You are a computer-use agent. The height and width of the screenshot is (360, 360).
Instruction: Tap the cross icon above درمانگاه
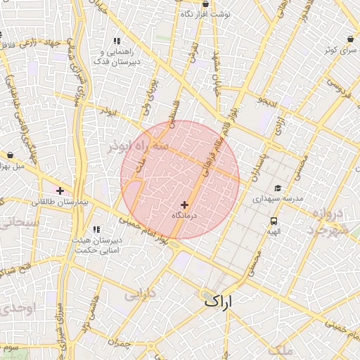pos(185,205)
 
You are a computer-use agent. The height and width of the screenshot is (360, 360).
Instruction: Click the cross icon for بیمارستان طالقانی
pos(60,191)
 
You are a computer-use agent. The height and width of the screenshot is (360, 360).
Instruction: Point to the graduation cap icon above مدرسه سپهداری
pos(278,188)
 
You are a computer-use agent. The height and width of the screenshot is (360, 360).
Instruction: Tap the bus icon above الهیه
pos(272,221)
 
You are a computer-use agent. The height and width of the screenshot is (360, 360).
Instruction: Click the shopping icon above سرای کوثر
pos(349,39)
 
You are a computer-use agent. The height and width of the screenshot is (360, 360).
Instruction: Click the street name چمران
pos(120,342)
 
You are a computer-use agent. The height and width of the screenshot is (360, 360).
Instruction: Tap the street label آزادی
pos(280,127)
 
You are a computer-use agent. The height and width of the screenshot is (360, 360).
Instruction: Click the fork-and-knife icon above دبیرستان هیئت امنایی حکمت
pos(97,230)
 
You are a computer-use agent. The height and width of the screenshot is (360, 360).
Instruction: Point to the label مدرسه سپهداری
pos(278,199)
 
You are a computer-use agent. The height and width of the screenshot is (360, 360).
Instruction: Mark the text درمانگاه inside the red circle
pos(186,215)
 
